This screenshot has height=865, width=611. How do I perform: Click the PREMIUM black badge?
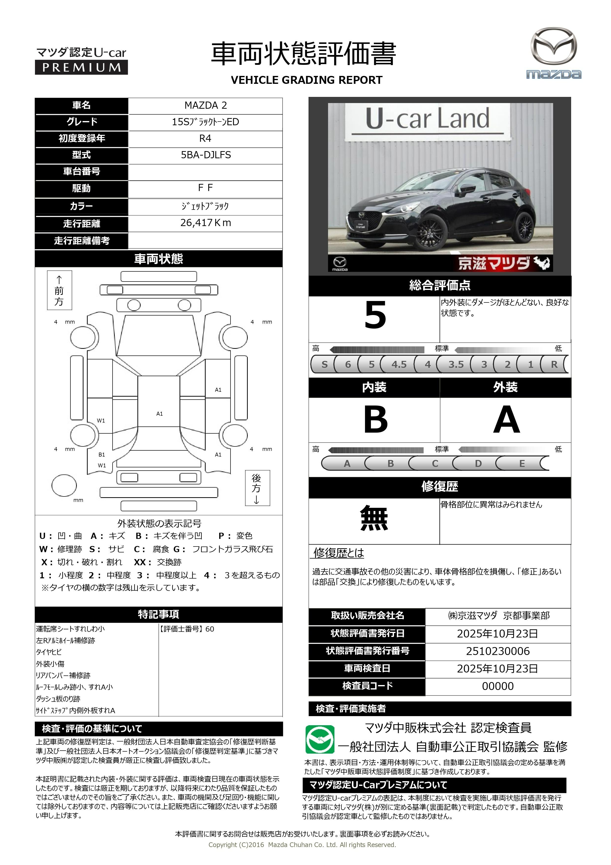point(81,68)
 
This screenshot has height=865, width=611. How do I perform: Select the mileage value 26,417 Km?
point(206,223)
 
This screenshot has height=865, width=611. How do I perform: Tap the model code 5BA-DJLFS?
point(206,155)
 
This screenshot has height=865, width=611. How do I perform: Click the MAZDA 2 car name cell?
point(206,106)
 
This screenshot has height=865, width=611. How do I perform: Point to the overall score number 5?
point(375,316)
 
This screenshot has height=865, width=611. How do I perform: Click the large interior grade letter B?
point(375,419)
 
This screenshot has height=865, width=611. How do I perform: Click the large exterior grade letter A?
point(506,419)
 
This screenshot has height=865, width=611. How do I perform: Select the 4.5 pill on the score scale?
point(399,364)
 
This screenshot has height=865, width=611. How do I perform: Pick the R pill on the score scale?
point(554,364)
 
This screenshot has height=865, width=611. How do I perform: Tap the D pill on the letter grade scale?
point(478,463)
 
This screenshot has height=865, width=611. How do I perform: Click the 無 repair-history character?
point(374,518)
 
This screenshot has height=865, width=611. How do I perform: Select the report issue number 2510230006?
point(498,651)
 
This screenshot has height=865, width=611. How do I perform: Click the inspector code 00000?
point(498,686)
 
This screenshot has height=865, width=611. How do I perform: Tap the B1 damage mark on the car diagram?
point(102,455)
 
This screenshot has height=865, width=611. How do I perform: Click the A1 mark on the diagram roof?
point(160,414)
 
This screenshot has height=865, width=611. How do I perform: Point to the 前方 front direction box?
point(59,290)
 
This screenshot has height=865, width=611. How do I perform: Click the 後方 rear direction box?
point(257,488)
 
